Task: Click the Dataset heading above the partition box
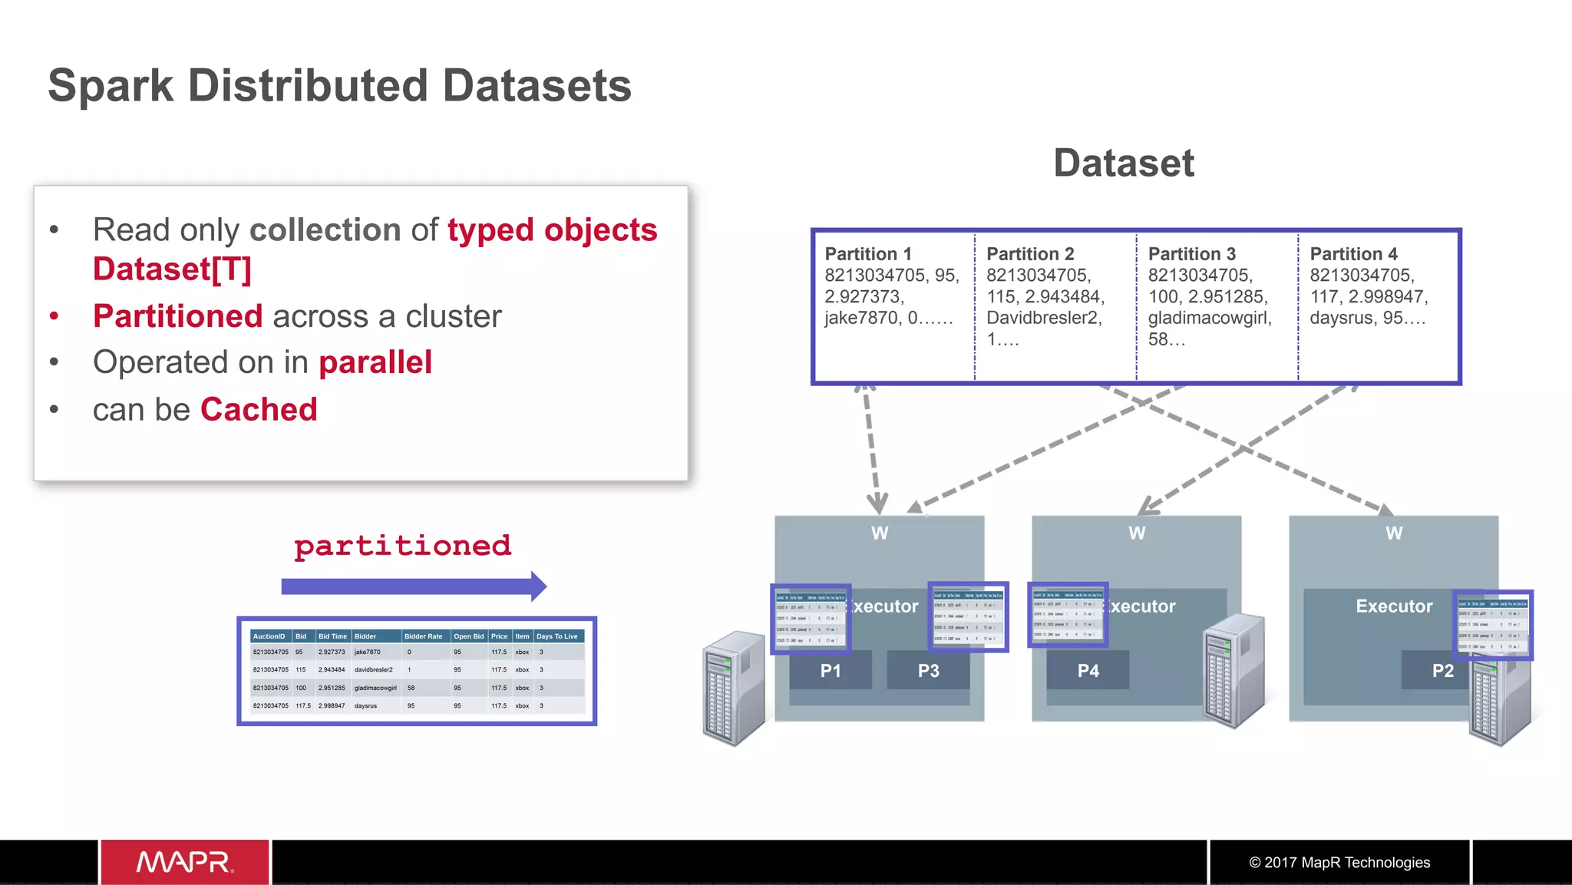pos(1123,163)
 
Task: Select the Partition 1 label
pos(867,254)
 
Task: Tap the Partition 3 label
pos(1191,254)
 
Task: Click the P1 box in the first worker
pos(831,670)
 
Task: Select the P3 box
pos(928,670)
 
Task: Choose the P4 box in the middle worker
pos(1088,670)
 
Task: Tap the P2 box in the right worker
pos(1442,670)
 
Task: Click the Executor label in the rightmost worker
pos(1393,606)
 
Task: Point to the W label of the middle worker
pos(1136,533)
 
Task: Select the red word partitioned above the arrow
pos(402,546)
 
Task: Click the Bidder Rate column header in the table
pos(423,636)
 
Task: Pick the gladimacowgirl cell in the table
pos(375,688)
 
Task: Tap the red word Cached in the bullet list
pos(259,409)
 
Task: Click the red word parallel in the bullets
pos(375,362)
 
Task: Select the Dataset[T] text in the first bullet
pos(172,269)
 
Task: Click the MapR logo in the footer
pos(185,862)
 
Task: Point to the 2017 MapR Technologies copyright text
pos(1339,862)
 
